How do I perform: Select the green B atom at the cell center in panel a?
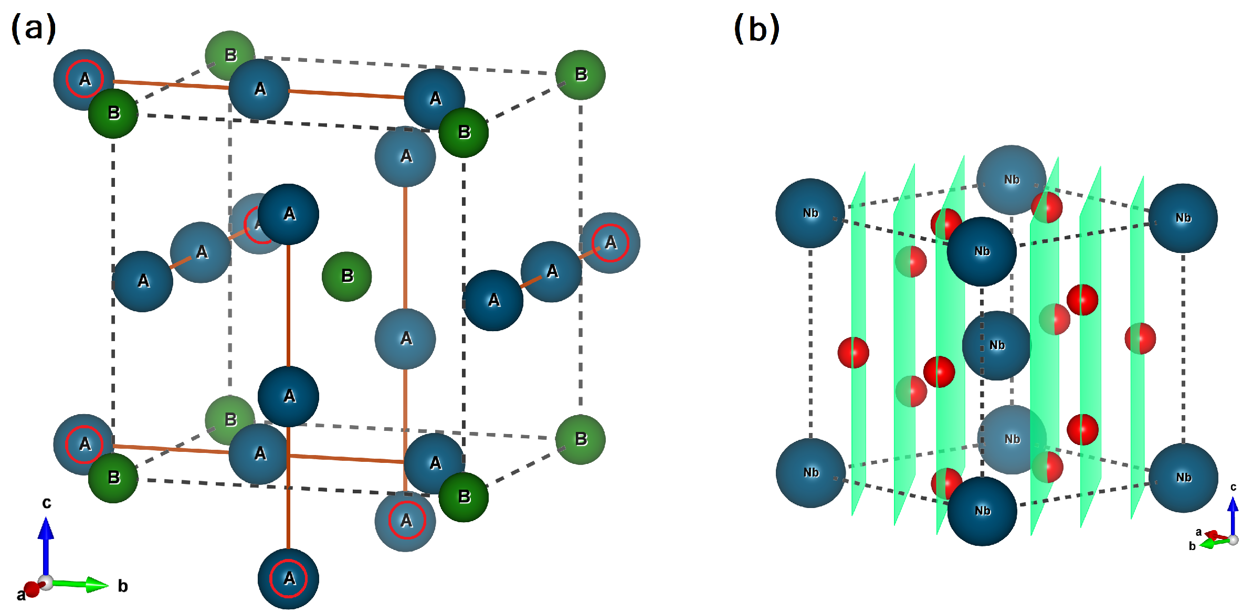click(x=346, y=276)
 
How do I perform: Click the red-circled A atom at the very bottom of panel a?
click(x=288, y=578)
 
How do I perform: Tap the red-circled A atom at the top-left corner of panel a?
click(x=84, y=79)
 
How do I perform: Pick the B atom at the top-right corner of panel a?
click(x=580, y=75)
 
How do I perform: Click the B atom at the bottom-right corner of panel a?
click(x=580, y=439)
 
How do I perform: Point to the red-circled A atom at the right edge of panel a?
click(x=610, y=242)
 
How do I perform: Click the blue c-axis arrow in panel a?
click(x=46, y=546)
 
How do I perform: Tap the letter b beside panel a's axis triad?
click(x=122, y=586)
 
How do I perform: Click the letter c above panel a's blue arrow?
click(x=47, y=503)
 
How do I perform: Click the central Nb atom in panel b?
click(x=996, y=345)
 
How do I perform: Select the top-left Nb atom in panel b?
click(x=810, y=213)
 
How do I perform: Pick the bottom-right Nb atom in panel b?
click(x=1183, y=478)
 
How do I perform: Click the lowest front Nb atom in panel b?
click(x=982, y=511)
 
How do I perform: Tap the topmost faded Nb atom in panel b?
click(x=1011, y=179)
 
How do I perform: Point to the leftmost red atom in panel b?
click(x=853, y=352)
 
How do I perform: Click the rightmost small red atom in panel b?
click(x=1140, y=339)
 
